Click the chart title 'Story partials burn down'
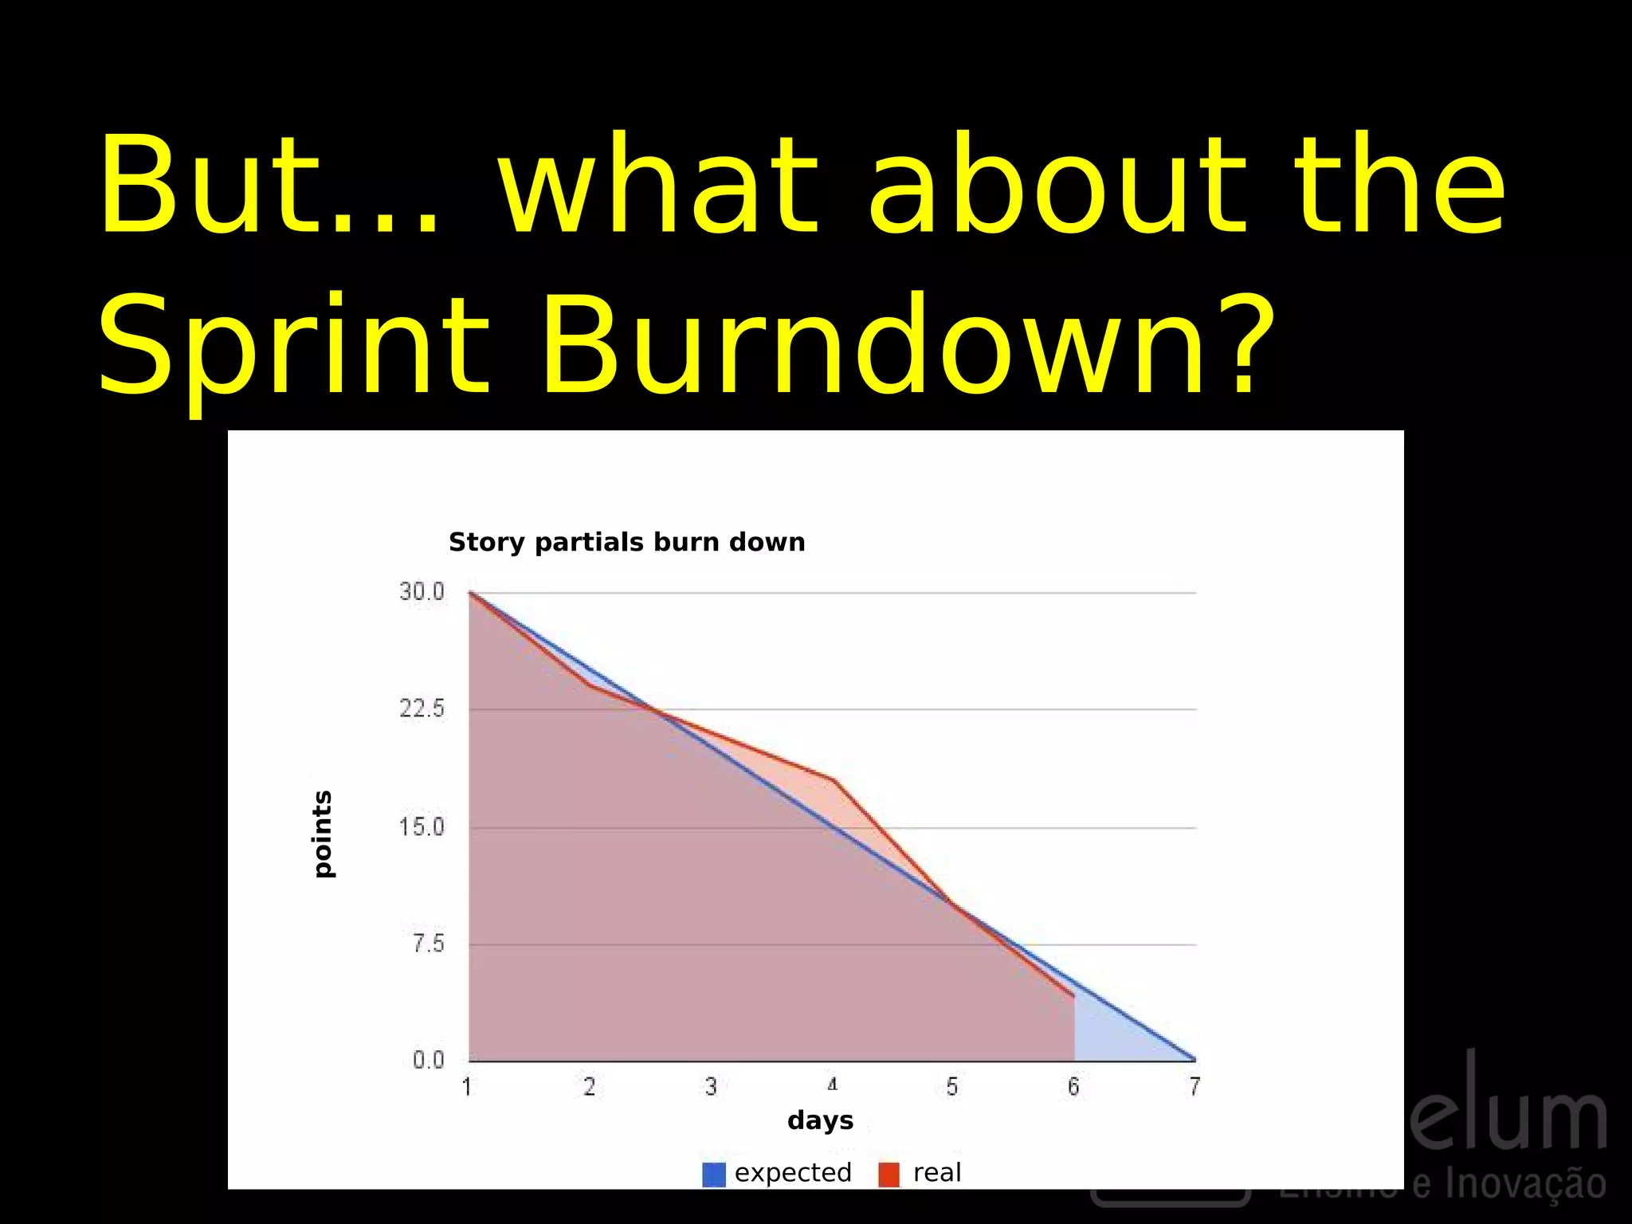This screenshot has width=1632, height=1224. pyautogui.click(x=626, y=542)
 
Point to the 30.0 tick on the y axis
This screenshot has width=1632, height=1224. pyautogui.click(x=422, y=591)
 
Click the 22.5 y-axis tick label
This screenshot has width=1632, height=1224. pyautogui.click(x=422, y=708)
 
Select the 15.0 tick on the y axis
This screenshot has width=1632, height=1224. pyautogui.click(x=422, y=827)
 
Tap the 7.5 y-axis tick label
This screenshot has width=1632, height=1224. pyautogui.click(x=428, y=944)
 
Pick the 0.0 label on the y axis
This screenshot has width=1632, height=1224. pyautogui.click(x=428, y=1060)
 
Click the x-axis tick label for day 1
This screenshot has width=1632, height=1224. pyautogui.click(x=467, y=1087)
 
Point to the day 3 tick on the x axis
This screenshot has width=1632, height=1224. pyautogui.click(x=711, y=1087)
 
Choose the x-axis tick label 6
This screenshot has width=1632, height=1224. pyautogui.click(x=1073, y=1087)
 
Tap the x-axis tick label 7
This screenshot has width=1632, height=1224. pyautogui.click(x=1195, y=1087)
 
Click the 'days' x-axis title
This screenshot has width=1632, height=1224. pyautogui.click(x=820, y=1120)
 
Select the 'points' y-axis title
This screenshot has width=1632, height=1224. pyautogui.click(x=322, y=834)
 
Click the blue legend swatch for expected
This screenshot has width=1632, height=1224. pyautogui.click(x=713, y=1174)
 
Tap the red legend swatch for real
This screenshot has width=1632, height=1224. pyautogui.click(x=889, y=1174)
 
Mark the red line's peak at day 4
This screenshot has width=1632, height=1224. pyautogui.click(x=833, y=779)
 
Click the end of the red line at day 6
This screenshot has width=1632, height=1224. pyautogui.click(x=1074, y=995)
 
